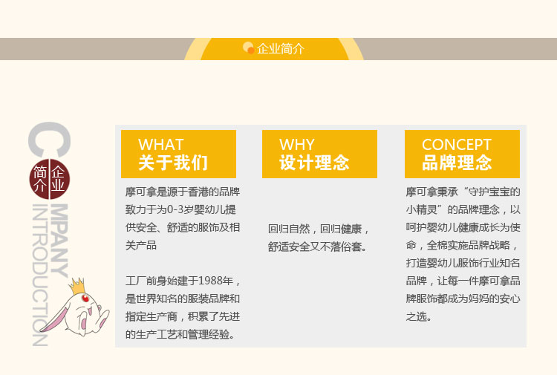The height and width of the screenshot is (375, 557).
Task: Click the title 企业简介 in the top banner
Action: [280, 49]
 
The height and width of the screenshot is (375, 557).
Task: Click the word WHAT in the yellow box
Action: [160, 145]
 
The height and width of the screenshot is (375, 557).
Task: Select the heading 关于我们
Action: [173, 163]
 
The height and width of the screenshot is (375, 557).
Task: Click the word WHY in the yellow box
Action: [296, 145]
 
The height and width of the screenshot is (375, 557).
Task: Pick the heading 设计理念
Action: [314, 163]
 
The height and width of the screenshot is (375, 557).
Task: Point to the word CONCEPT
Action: [457, 145]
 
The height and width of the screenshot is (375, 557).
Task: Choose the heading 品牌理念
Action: [457, 163]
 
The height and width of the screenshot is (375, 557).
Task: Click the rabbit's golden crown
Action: [77, 286]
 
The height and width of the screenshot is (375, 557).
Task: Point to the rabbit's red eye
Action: [85, 299]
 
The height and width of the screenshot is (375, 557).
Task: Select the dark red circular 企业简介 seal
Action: [49, 179]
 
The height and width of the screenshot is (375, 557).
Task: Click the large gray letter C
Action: [49, 140]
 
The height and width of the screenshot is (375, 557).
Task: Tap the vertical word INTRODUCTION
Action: [40, 275]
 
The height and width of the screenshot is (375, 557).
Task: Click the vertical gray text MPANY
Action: [59, 241]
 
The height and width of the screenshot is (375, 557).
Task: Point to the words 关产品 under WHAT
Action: [140, 245]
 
